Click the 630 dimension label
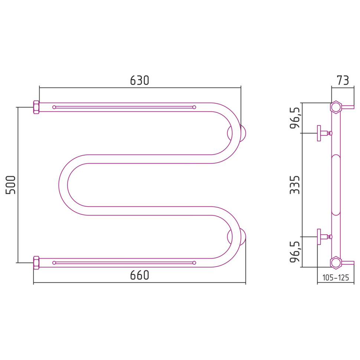(140, 81)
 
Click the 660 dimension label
(140, 275)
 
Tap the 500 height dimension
(10, 185)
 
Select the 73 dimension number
(343, 81)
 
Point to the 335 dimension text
(295, 185)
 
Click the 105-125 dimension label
(336, 278)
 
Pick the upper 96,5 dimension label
(295, 118)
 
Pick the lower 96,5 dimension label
(295, 252)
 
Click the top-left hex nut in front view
(36, 107)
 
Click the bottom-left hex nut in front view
(36, 263)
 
